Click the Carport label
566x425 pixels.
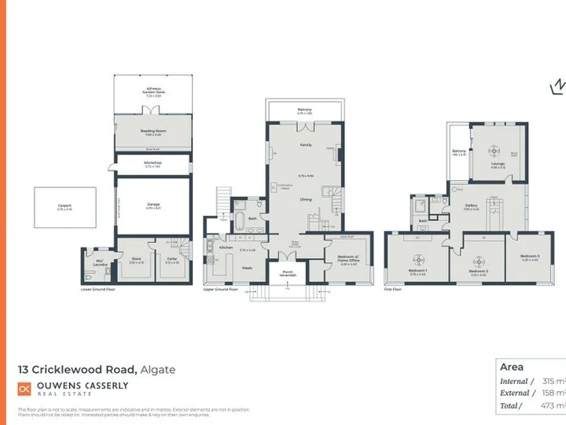tap(64, 207)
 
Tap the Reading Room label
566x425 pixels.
tap(152, 132)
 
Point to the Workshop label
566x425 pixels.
tap(153, 164)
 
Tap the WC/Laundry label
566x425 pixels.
tap(100, 262)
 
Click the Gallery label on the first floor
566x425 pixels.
tap(472, 207)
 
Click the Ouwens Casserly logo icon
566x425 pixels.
tap(24, 388)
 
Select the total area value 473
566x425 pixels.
tap(549, 405)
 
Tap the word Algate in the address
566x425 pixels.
tap(159, 369)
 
